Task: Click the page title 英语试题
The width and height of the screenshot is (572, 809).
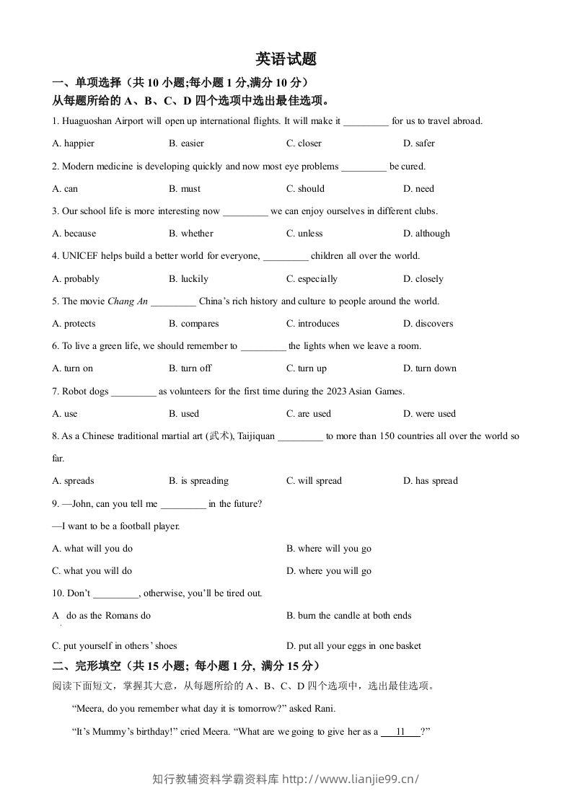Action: point(286,59)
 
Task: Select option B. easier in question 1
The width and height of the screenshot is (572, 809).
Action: point(186,143)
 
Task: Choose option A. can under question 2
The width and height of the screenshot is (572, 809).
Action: point(65,189)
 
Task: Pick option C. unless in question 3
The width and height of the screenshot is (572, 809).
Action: point(304,234)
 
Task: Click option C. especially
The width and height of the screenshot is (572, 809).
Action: point(312,279)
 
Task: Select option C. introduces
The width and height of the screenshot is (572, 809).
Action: point(312,324)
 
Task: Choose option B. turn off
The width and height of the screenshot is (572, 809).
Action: point(190,368)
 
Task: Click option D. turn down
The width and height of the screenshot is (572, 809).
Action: point(430,368)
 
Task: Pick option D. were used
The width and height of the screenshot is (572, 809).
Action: point(430,414)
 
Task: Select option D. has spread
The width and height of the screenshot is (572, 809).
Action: point(431,481)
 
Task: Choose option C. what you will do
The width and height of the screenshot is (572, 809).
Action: point(92,571)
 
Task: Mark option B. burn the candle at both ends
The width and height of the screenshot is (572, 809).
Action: point(349,616)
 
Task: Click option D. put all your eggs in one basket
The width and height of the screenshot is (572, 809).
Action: point(353,646)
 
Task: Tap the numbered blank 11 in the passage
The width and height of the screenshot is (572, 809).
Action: point(400,731)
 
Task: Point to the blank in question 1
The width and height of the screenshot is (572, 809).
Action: point(366,122)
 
